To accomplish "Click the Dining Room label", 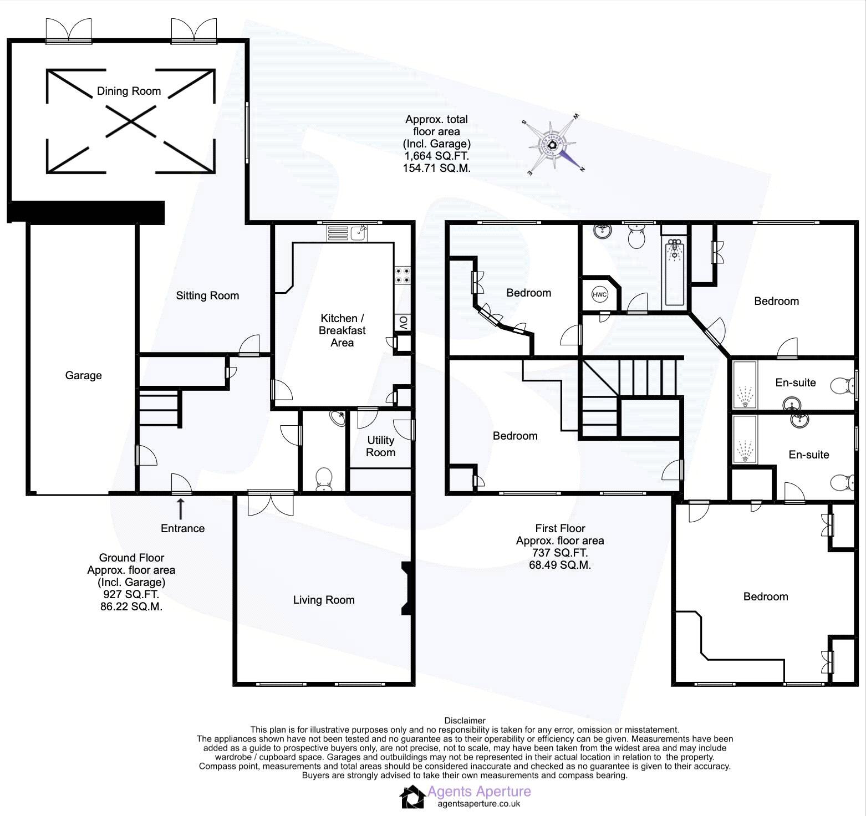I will pyautogui.click(x=129, y=91).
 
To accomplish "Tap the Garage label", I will pyautogui.click(x=83, y=375).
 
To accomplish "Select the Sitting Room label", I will pyautogui.click(x=207, y=295).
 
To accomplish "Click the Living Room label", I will pyautogui.click(x=324, y=600).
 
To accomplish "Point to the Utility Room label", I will pyautogui.click(x=380, y=446).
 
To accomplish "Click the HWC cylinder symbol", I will pyautogui.click(x=599, y=294).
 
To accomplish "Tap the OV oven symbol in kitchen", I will pyautogui.click(x=403, y=323).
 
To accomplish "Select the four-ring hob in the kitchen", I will pyautogui.click(x=403, y=276).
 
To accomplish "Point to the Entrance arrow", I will pyautogui.click(x=180, y=507).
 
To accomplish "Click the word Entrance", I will pyautogui.click(x=182, y=528).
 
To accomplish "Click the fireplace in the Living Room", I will pyautogui.click(x=407, y=588).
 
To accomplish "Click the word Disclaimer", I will pyautogui.click(x=465, y=721).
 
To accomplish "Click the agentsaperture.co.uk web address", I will pyautogui.click(x=478, y=804).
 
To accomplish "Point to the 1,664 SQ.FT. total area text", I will pyautogui.click(x=436, y=156).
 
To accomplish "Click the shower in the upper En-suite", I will pyautogui.click(x=744, y=385).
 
